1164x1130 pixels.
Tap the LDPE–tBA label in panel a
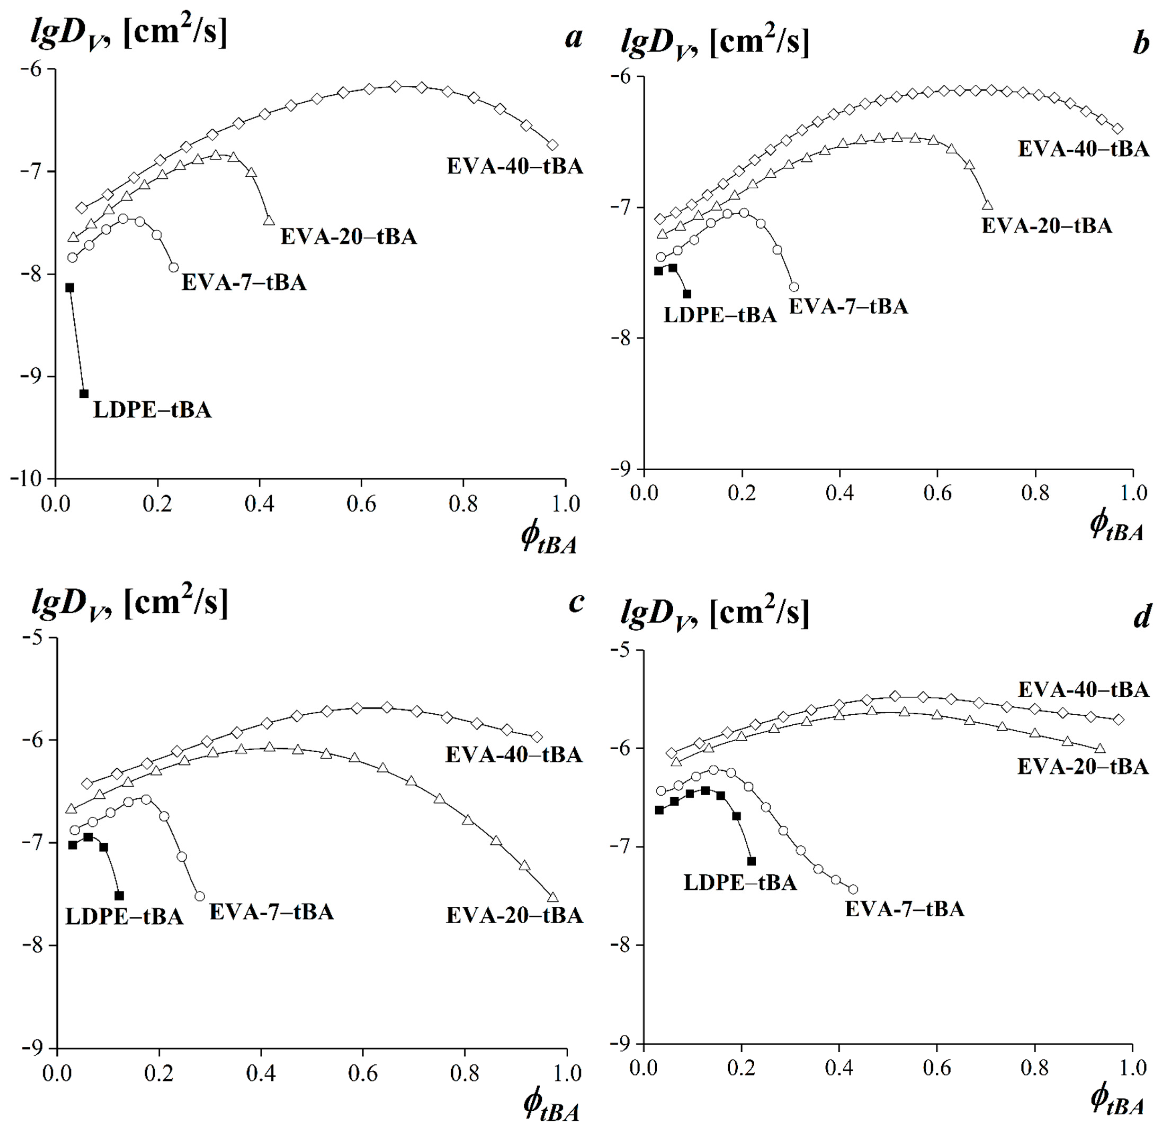[x=152, y=410]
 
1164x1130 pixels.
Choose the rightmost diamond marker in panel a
[x=552, y=144]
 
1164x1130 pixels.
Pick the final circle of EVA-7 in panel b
[x=793, y=287]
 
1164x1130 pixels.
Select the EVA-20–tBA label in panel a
[x=349, y=236]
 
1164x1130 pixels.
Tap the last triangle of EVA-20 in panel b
[x=987, y=205]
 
